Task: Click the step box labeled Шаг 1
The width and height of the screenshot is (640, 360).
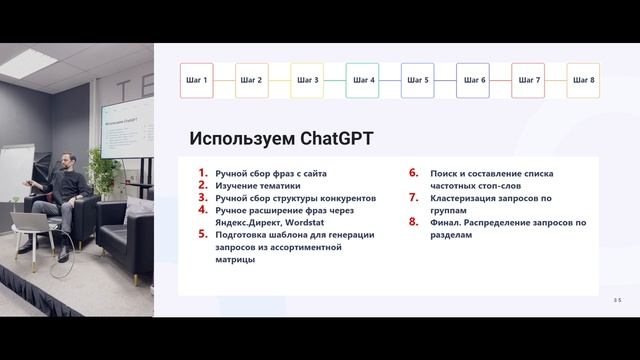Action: coord(197,80)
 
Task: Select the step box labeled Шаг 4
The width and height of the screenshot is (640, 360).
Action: coord(363,80)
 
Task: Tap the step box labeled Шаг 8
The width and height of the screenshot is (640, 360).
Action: coord(583,80)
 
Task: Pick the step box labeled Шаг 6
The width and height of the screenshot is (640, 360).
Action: coord(473,80)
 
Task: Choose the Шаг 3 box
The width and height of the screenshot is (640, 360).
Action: coord(308,80)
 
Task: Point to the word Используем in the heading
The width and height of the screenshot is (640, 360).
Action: coord(235,139)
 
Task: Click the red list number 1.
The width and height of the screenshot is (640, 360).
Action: coord(204,174)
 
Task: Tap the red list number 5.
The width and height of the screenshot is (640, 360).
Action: coord(204,235)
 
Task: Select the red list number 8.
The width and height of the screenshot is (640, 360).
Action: coord(413,223)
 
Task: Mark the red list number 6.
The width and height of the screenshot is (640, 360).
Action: coord(413,174)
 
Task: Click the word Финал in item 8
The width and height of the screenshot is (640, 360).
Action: coord(446,223)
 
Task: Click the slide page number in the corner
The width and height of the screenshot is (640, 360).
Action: coord(617,300)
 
